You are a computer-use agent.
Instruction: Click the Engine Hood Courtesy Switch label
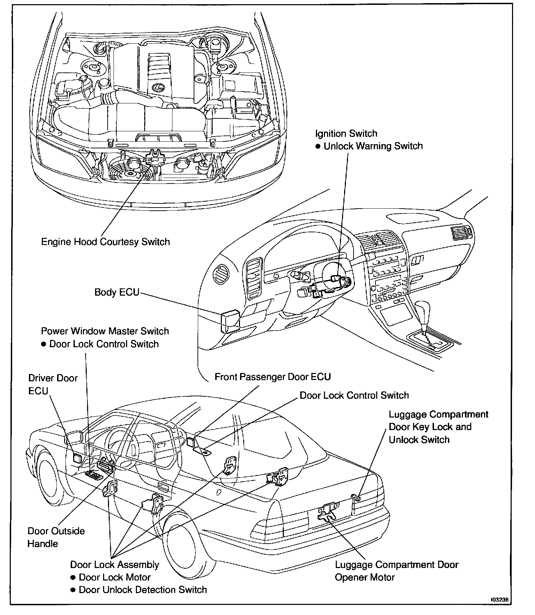point(105,242)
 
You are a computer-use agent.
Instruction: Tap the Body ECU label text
point(117,292)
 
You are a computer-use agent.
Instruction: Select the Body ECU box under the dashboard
point(229,320)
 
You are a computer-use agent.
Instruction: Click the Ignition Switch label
point(346,133)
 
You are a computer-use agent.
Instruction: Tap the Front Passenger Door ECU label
point(272,377)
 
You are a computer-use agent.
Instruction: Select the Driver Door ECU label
point(53,384)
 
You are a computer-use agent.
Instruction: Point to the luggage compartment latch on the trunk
point(327,512)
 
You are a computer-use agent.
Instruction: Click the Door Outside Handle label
point(56,537)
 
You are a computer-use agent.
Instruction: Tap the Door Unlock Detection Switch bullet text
point(143,590)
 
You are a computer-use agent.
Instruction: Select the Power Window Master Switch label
point(105,331)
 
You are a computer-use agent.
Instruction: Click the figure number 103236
point(501,600)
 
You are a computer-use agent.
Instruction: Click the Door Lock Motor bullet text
point(115,577)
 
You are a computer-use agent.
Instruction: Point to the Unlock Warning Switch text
point(373,146)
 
